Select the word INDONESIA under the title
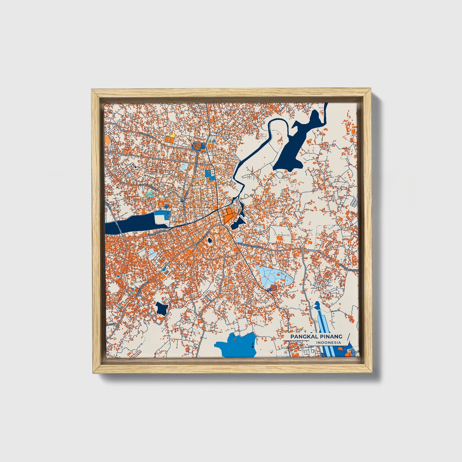pyautogui.click(x=329, y=343)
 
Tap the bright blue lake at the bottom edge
pyautogui.click(x=237, y=345)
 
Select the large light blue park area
pyautogui.click(x=273, y=275)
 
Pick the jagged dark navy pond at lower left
pyautogui.click(x=161, y=309)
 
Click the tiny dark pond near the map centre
pyautogui.click(x=210, y=240)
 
